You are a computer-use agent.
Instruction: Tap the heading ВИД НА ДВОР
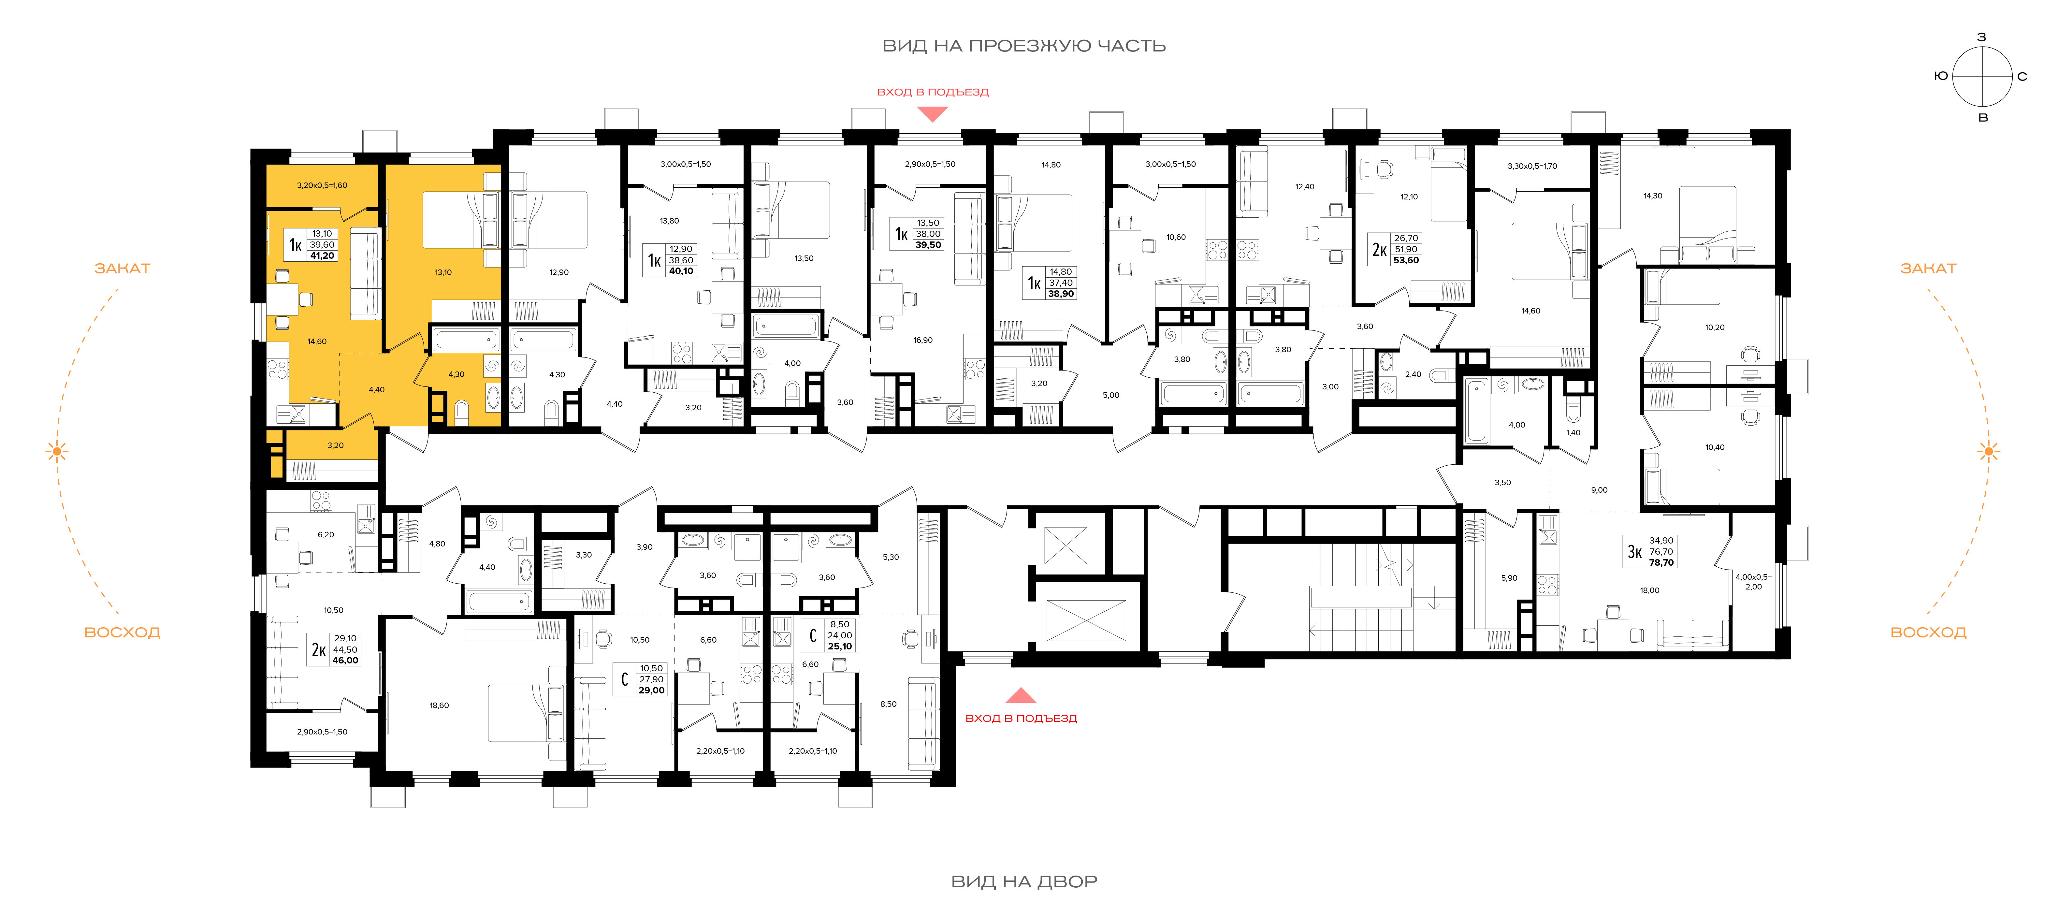pos(1024,882)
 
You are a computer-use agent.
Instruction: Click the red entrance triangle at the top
pos(932,114)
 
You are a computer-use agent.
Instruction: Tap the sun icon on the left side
pos(57,452)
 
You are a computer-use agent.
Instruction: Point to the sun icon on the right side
pos(1989,452)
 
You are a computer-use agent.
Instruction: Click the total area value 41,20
pos(322,256)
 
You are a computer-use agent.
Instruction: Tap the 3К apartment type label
pos(1634,551)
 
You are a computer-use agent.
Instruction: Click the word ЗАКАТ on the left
pos(122,269)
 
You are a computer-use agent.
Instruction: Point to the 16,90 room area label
pos(923,341)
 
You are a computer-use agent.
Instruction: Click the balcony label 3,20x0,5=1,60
pos(322,185)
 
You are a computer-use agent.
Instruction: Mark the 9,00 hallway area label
pos(1600,490)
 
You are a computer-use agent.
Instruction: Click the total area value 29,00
pos(651,691)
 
